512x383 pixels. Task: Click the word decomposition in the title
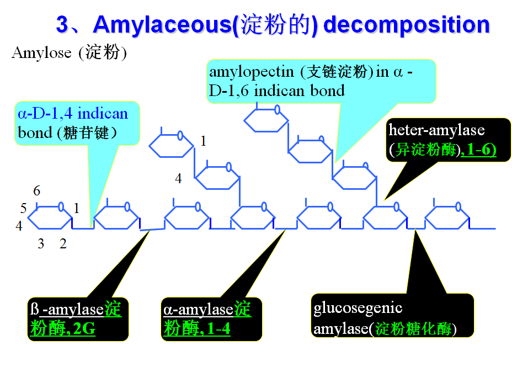point(407,25)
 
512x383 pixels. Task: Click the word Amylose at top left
point(41,53)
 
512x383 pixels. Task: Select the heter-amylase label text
point(436,130)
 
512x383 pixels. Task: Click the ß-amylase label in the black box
point(67,310)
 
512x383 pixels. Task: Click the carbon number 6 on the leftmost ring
point(37,191)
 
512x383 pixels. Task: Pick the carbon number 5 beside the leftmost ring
point(23,209)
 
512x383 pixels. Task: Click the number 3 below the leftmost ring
point(41,243)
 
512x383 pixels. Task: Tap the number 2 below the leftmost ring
point(63,243)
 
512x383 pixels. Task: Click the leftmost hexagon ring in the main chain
point(50,219)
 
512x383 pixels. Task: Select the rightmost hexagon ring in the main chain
point(446,219)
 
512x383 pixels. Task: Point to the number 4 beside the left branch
point(178,178)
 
